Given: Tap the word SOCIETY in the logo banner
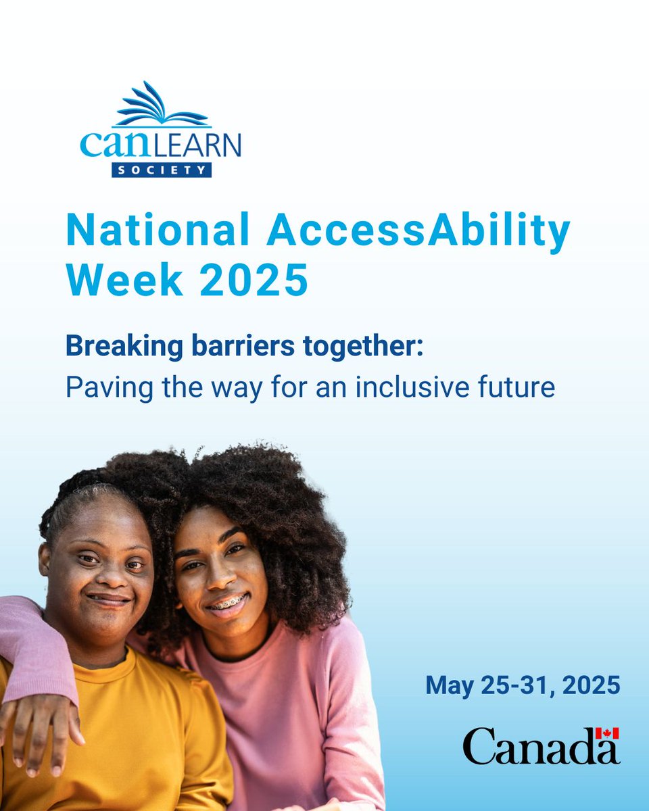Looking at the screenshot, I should coord(162,170).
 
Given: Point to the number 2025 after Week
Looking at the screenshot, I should coord(254,280).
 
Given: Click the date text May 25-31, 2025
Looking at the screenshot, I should coord(523,686).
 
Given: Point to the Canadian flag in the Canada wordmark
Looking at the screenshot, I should coord(607,734).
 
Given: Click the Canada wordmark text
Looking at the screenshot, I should coord(541,745).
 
